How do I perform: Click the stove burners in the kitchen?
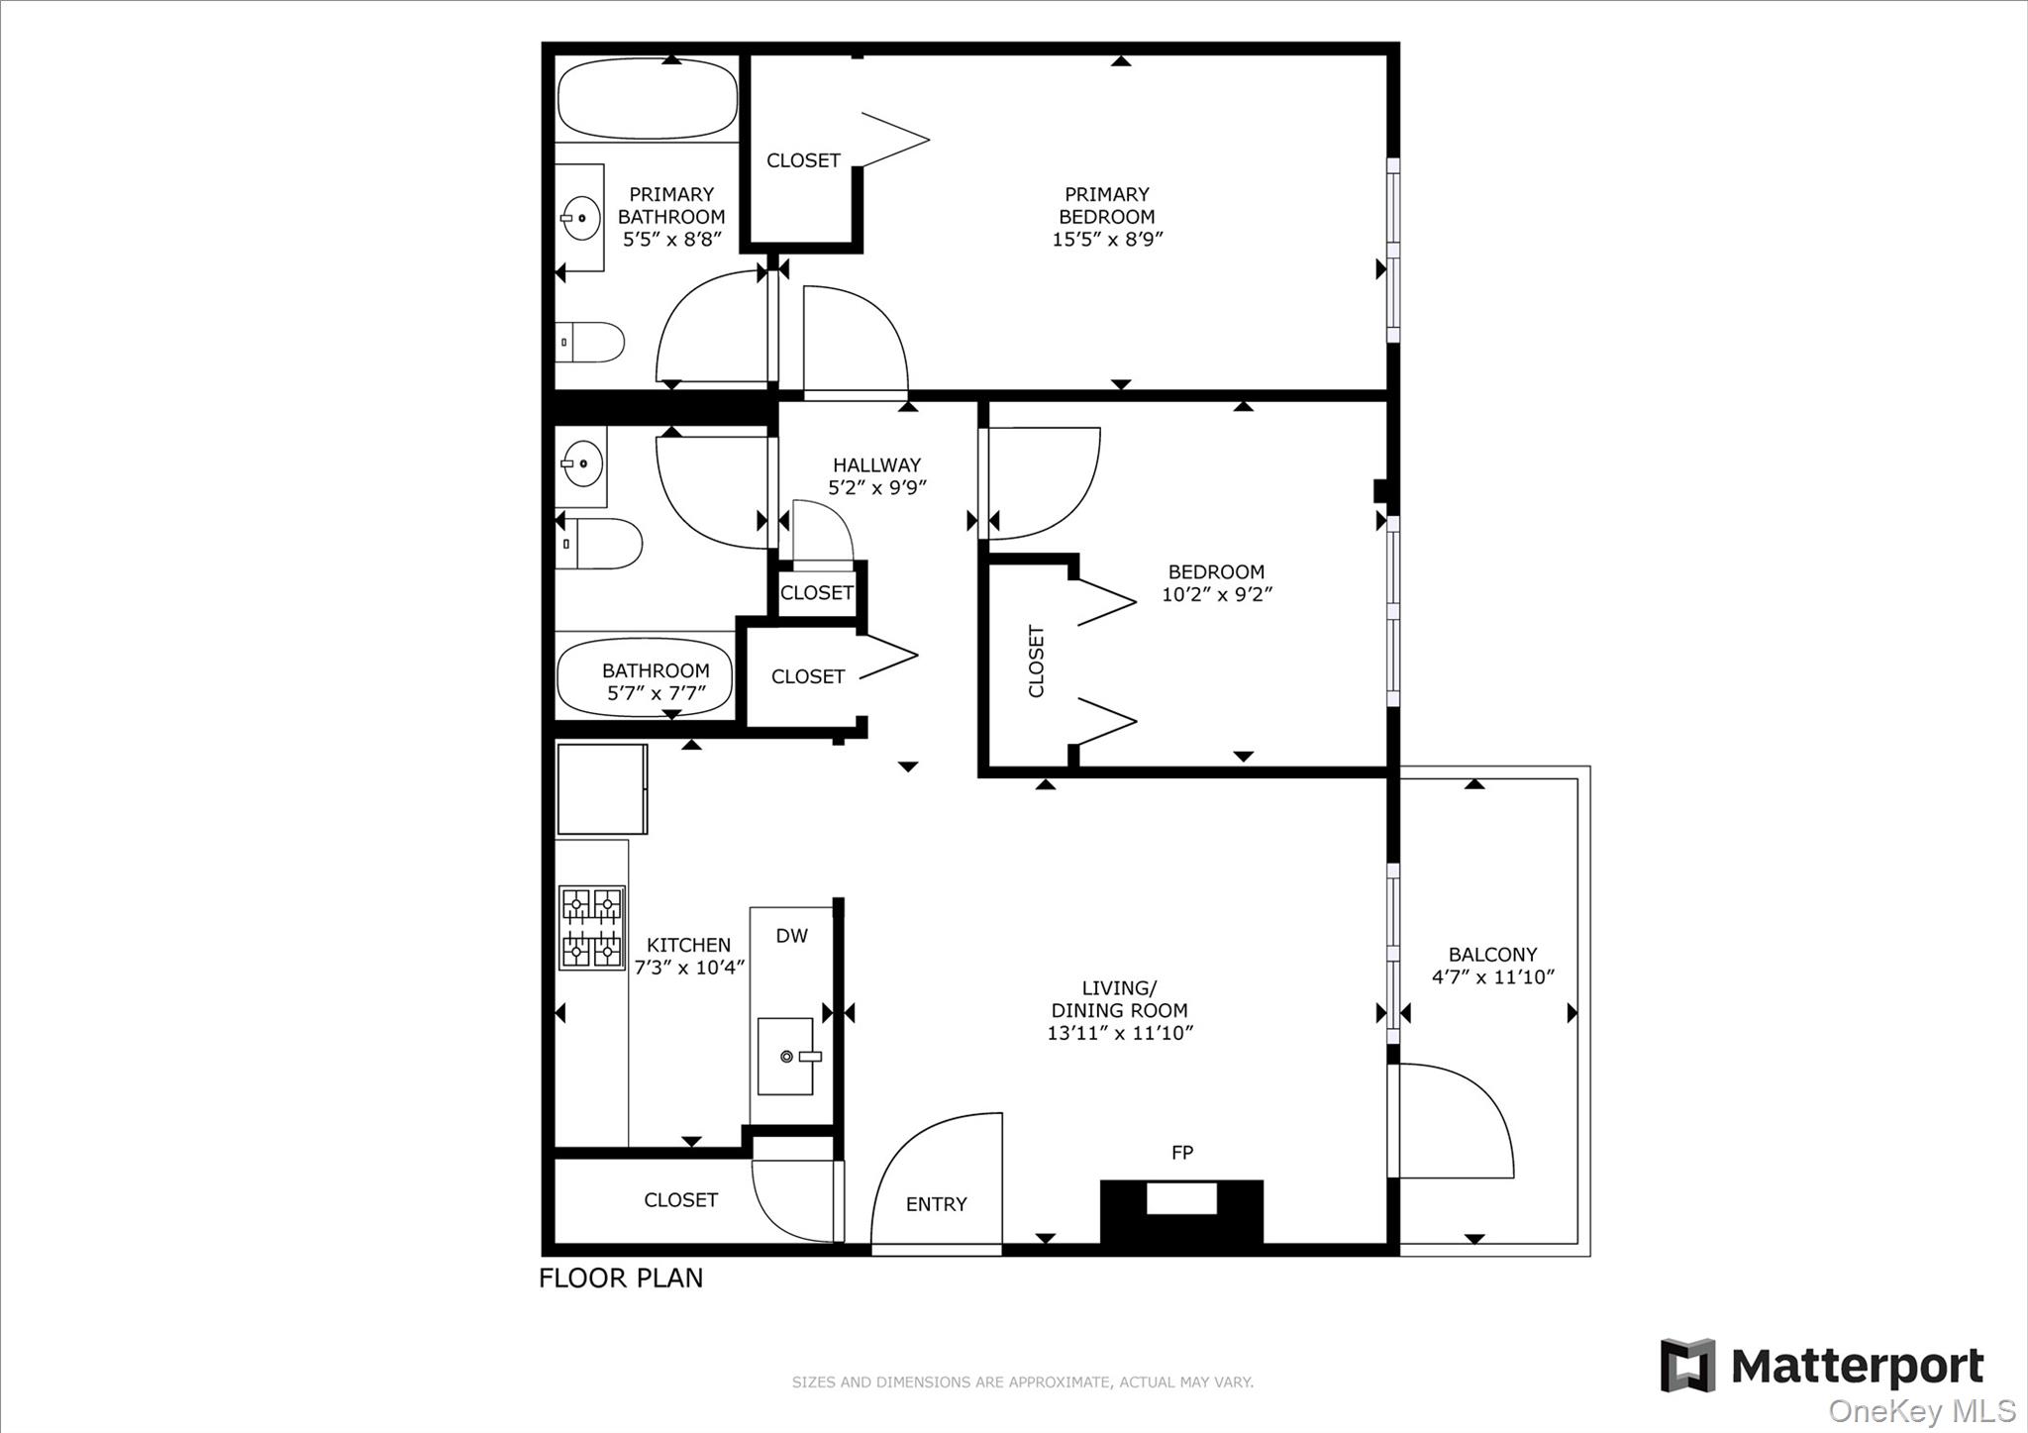tap(592, 927)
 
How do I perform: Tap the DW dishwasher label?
tap(791, 936)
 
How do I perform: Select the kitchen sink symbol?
tap(786, 1057)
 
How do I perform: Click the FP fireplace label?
tap(1181, 1153)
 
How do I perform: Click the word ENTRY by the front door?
tap(936, 1204)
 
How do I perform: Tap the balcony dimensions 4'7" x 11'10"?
tap(1492, 976)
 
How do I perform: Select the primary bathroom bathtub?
tap(648, 99)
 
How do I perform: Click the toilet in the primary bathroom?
tap(590, 343)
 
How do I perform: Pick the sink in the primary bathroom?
tap(580, 217)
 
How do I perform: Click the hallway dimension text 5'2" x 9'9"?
tap(876, 487)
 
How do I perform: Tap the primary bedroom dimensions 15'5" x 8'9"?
tap(1106, 239)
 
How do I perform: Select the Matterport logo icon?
tap(1687, 1366)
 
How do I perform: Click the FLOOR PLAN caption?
tap(621, 1279)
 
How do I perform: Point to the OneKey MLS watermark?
tap(1921, 1411)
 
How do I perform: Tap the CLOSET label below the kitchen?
tap(680, 1200)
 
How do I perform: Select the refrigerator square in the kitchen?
tap(602, 789)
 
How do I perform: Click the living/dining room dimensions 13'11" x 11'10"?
tap(1119, 1033)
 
